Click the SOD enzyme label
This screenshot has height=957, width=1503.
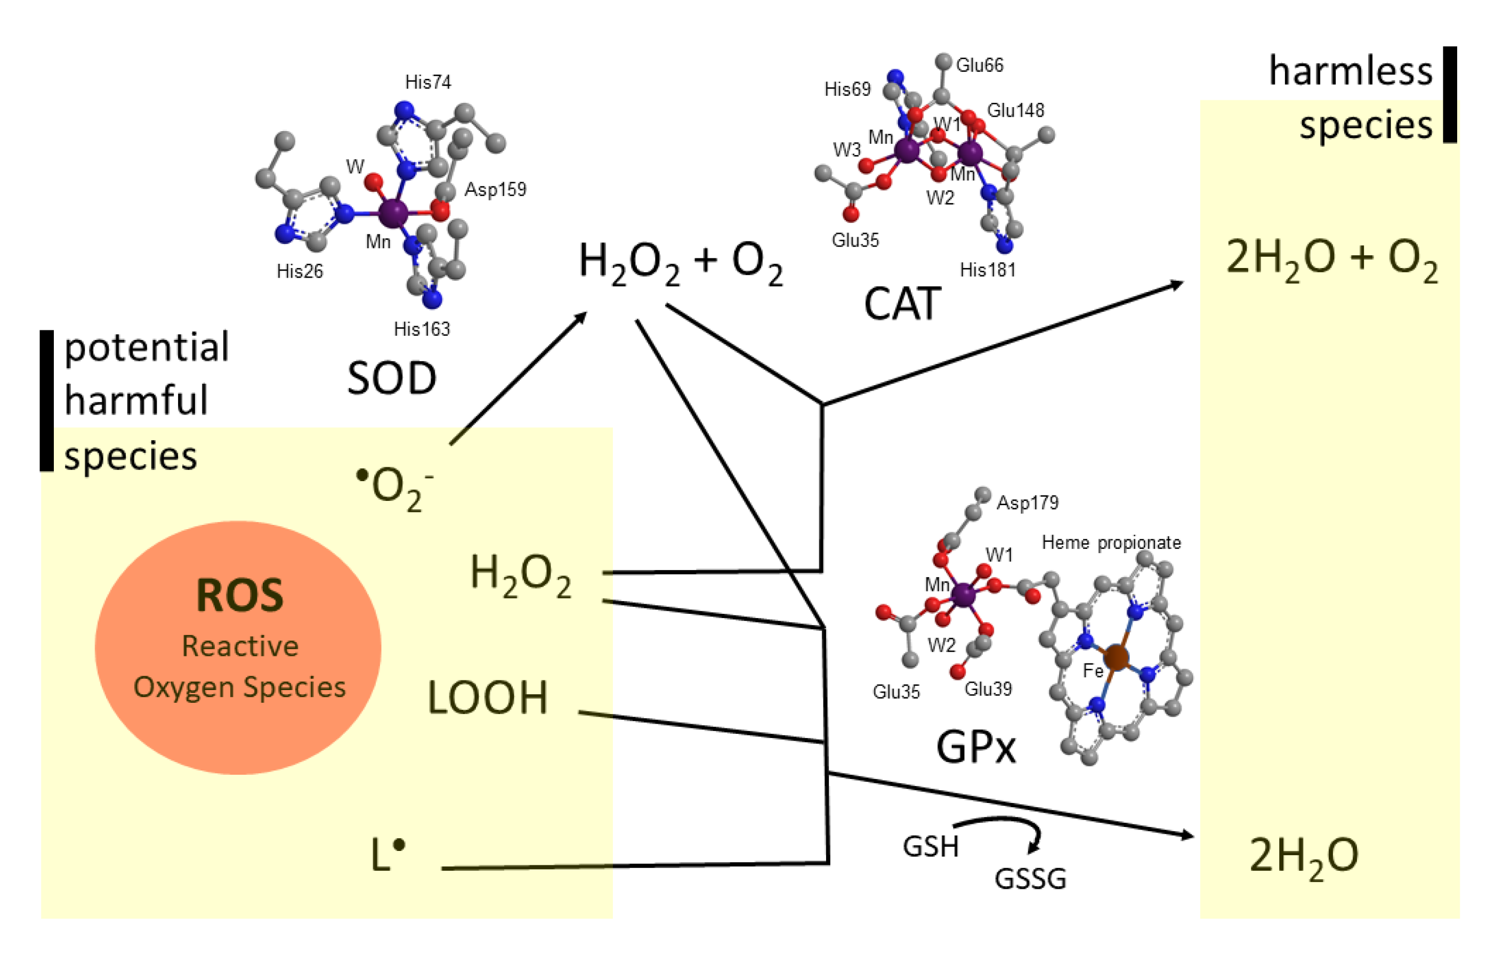click(x=391, y=378)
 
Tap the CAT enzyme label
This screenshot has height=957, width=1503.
click(x=902, y=304)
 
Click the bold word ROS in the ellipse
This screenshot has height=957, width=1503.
click(x=240, y=595)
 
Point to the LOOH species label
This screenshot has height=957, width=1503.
click(x=488, y=697)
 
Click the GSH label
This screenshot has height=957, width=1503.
click(x=930, y=847)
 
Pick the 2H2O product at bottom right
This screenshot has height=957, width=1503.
click(x=1303, y=856)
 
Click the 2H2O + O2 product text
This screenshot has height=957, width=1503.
click(x=1331, y=259)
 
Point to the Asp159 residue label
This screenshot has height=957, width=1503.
click(x=495, y=190)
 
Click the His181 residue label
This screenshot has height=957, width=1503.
click(x=988, y=270)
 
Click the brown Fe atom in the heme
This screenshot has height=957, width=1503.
click(x=1116, y=658)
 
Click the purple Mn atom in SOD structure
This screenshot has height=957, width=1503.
click(x=393, y=213)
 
